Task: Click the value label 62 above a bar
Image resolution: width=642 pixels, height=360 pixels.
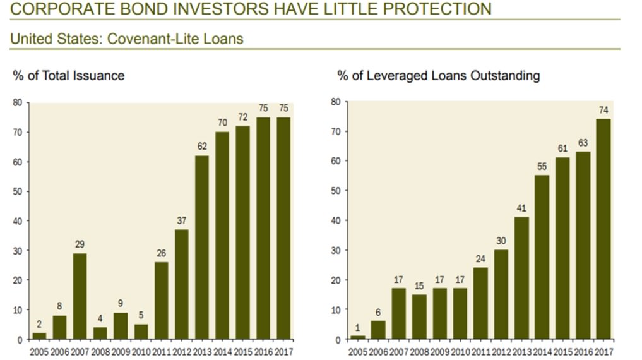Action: [x=202, y=145]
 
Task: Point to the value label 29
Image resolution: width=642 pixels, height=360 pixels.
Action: [x=80, y=243]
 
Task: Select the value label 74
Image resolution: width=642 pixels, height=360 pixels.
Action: [x=603, y=110]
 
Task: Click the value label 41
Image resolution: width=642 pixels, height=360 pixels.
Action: [x=521, y=208]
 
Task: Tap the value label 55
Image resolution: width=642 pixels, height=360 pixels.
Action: [x=542, y=166]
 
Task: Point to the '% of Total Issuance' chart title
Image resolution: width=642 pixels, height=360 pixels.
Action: [x=69, y=76]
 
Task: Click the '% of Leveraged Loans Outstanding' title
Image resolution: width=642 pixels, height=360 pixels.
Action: [x=439, y=76]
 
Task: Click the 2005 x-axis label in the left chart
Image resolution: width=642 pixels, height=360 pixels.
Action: [x=39, y=351]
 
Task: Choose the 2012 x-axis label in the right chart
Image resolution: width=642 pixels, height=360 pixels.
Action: [x=501, y=351]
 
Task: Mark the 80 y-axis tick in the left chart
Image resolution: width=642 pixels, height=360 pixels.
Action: [x=18, y=103]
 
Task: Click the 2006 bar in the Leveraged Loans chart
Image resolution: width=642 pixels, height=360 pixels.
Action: [x=378, y=330]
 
